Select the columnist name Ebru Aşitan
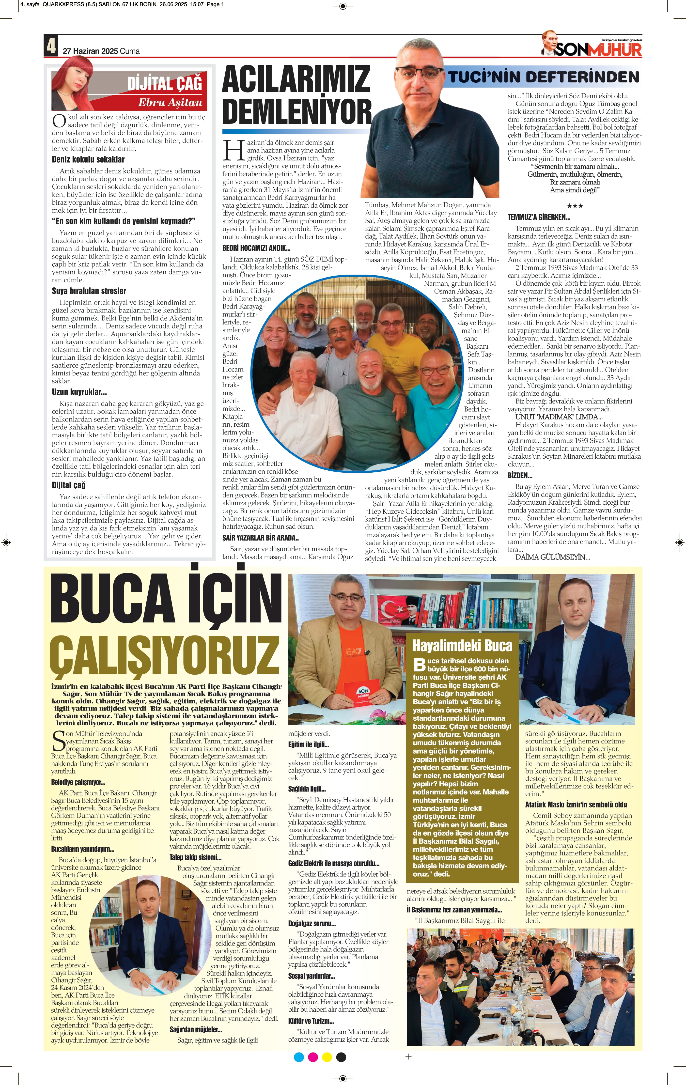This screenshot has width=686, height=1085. [170, 103]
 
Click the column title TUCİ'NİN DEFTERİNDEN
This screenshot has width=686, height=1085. [543, 77]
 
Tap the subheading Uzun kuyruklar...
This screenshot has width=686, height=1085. [79, 392]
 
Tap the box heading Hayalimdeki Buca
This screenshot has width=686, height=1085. [462, 646]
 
